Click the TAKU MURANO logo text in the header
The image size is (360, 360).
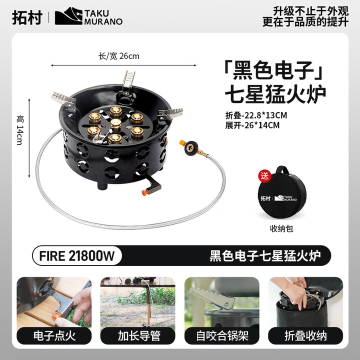click(102, 17)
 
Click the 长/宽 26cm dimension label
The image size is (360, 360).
click(119, 56)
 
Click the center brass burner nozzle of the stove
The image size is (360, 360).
click(116, 124)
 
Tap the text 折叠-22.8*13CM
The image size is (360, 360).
click(256, 115)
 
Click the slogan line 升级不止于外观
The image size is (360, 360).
click(308, 10)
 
